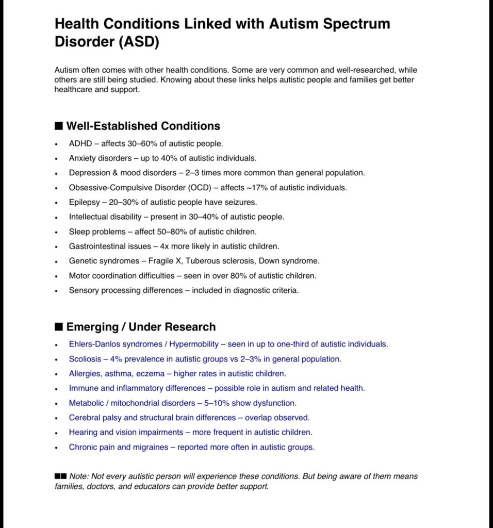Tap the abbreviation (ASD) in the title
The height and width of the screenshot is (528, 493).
pos(139,42)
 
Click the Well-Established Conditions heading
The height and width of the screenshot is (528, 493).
pos(143,126)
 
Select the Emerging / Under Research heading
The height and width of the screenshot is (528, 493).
pos(141,327)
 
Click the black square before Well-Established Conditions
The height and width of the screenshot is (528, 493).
pos(59,126)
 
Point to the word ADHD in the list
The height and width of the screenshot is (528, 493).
pos(80,143)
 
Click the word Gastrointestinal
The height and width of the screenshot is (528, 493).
pos(95,246)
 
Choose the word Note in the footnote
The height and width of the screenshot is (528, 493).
pos(78,476)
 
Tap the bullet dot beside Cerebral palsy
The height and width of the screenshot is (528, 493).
pos(57,418)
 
